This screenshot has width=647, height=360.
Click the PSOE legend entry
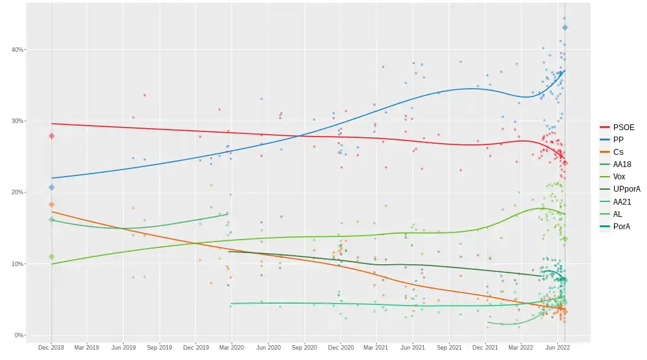coord(623,128)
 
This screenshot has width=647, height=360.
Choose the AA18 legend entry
coord(622,164)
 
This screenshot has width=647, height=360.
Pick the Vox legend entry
coord(619,177)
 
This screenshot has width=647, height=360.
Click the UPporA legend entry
coord(626,189)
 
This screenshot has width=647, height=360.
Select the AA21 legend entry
coord(622,202)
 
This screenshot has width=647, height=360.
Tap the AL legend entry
coord(618,214)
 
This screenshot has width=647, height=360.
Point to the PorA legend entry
coord(622,227)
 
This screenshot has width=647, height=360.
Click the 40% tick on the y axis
coord(17,50)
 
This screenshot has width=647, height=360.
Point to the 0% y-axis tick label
coord(19,335)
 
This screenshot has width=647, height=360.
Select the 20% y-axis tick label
coord(17,192)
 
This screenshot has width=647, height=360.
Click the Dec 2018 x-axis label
coord(51,348)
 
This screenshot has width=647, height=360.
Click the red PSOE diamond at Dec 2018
coord(52,136)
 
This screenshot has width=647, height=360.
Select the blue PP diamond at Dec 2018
coord(52,188)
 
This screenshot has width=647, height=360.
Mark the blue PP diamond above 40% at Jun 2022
coord(565,28)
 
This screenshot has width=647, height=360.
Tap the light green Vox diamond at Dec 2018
coord(52,257)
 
